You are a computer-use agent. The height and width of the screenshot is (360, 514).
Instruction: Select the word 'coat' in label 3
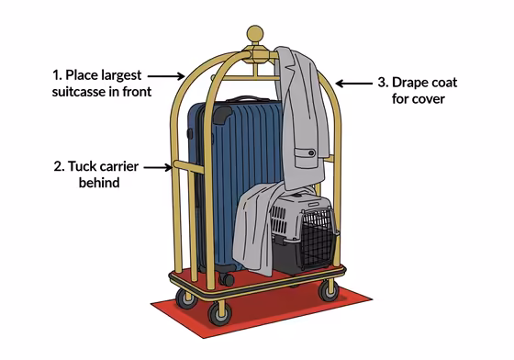pos(436,82)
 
